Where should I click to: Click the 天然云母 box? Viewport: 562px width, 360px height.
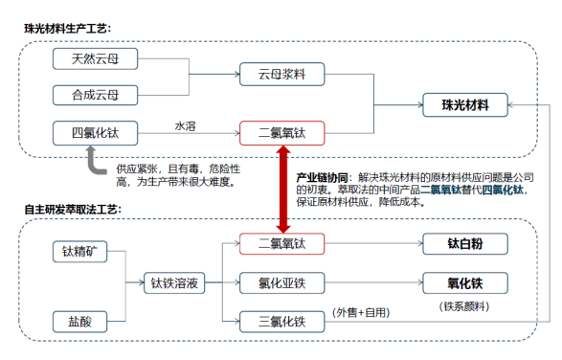[x=95, y=60]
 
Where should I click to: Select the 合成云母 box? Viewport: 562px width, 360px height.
[x=95, y=95]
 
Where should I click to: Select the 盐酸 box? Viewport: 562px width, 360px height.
[x=80, y=321]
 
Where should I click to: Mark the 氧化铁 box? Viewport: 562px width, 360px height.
[x=464, y=284]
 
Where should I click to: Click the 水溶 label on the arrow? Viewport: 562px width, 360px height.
[x=186, y=124]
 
